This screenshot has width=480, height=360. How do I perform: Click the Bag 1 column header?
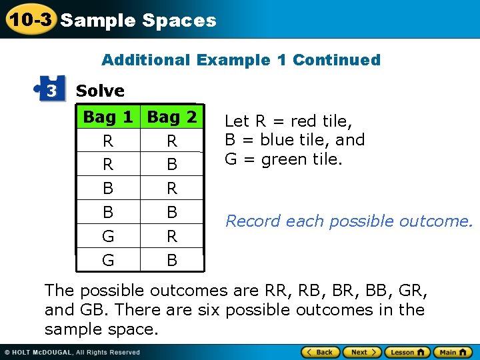coord(108,117)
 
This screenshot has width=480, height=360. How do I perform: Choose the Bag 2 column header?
coord(172,117)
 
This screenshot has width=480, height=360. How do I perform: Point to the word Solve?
coord(100,91)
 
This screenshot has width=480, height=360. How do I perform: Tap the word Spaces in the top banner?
coord(179,21)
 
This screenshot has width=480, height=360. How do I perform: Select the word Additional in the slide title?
coord(145,60)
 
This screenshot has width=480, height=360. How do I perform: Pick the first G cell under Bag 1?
coord(108,236)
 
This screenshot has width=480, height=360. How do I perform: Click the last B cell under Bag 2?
coord(172,260)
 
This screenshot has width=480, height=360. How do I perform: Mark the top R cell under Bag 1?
coord(108,141)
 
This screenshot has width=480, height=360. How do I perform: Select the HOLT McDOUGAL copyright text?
coord(73,353)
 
